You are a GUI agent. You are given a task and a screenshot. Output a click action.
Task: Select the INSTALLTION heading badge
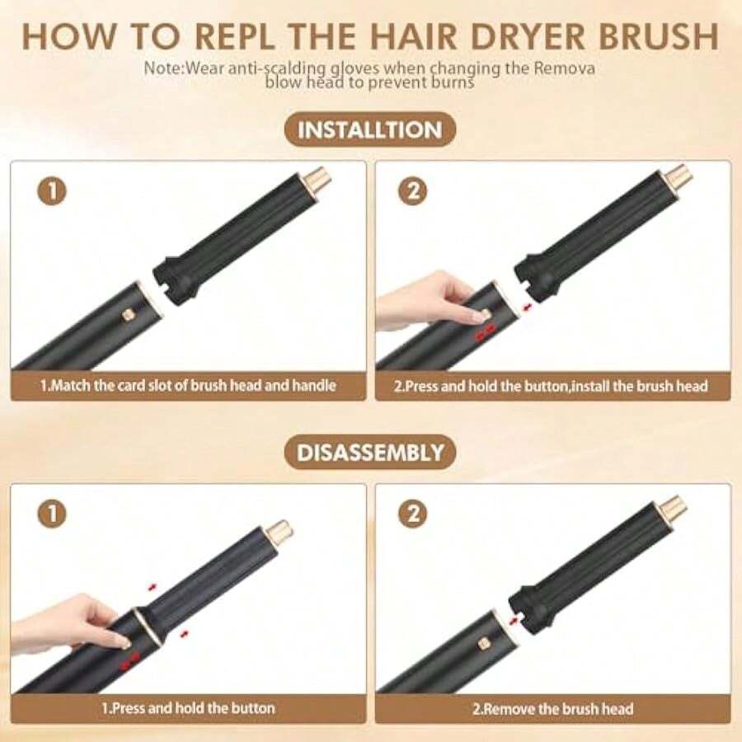tap(369, 129)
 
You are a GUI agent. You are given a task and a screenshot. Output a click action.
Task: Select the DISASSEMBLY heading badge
tap(369, 453)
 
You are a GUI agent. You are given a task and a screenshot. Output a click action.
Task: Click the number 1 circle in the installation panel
tap(52, 191)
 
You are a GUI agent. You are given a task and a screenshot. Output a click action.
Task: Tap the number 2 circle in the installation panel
tap(413, 191)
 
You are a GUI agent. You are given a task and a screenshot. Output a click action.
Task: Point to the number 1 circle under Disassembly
tap(52, 514)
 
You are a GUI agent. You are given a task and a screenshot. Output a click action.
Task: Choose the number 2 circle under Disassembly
tap(413, 514)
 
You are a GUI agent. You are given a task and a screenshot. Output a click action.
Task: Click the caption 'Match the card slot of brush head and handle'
tap(187, 385)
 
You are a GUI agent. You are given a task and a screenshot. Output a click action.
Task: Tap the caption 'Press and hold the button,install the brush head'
tap(551, 386)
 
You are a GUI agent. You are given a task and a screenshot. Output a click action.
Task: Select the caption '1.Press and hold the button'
tap(188, 708)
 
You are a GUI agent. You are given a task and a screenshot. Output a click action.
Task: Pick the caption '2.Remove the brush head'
tap(552, 709)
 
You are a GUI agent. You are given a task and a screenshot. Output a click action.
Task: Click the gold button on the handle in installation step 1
tap(126, 314)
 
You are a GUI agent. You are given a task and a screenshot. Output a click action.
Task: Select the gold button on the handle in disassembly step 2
tap(483, 642)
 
